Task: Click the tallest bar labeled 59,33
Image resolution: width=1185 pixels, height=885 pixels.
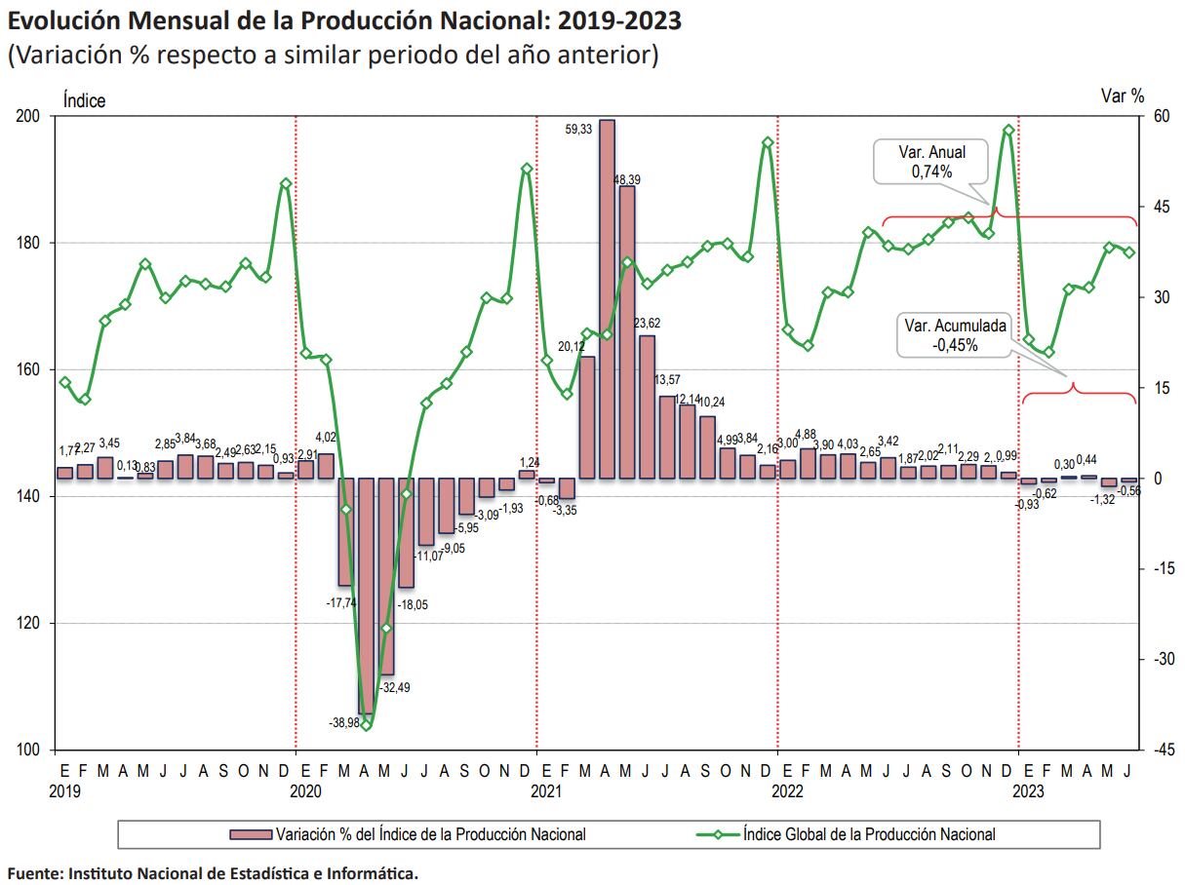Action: coord(607,298)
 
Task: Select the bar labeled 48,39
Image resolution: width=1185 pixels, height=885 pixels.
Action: coord(627,331)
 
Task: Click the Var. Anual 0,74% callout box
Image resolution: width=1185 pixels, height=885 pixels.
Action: coord(931,162)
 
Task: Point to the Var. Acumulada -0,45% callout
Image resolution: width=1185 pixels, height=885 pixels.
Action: coord(954,335)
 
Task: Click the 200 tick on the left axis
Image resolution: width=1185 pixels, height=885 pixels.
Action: coord(29,117)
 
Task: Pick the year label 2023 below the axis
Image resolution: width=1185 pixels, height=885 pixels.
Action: coord(1030,791)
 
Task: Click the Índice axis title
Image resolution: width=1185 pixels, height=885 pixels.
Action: coord(84,100)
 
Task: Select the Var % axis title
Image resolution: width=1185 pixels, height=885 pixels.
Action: coord(1122,96)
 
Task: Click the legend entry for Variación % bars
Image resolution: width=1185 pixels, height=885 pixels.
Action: coord(408,834)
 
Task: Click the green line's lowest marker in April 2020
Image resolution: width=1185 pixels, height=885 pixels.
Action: coord(366,725)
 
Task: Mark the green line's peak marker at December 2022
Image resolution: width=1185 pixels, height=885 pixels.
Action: coord(1008,130)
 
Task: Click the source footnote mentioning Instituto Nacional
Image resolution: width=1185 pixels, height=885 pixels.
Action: coord(213,872)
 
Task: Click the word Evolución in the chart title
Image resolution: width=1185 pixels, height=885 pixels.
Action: coord(59,19)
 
